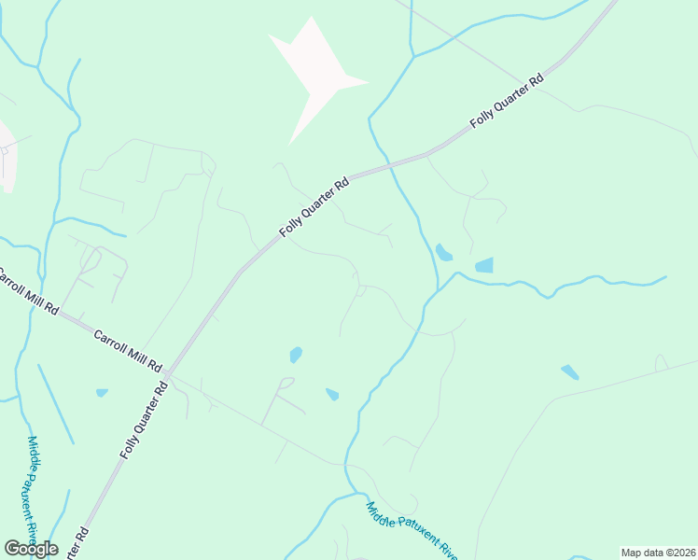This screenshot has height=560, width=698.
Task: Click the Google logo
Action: coord(31,549)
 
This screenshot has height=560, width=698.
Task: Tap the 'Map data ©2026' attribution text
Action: coord(658,552)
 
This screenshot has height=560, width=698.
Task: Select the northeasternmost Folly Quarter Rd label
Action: coord(507,104)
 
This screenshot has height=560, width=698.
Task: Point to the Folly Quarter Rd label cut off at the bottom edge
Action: coord(78,544)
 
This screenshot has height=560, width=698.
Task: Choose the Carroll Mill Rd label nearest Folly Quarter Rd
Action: coord(128,349)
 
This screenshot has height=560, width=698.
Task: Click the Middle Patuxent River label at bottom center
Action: coord(412,529)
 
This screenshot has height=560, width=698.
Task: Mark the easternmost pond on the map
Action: coord(569,372)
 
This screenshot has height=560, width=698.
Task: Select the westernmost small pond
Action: coord(102,393)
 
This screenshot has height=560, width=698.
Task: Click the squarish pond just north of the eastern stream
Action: coord(484,265)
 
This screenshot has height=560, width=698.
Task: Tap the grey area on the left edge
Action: coord(7,157)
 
